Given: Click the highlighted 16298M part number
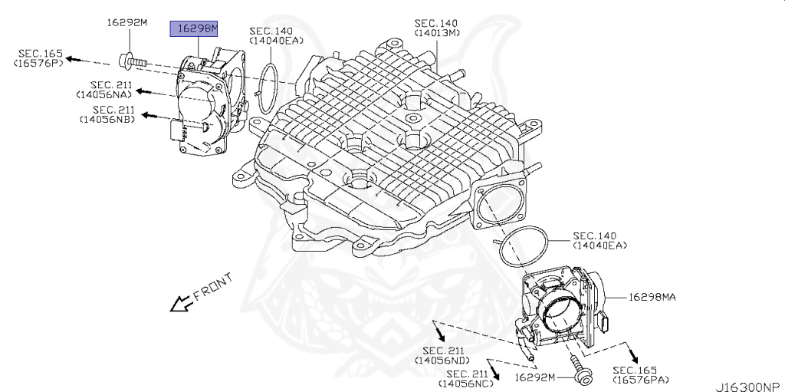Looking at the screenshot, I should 194,29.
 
